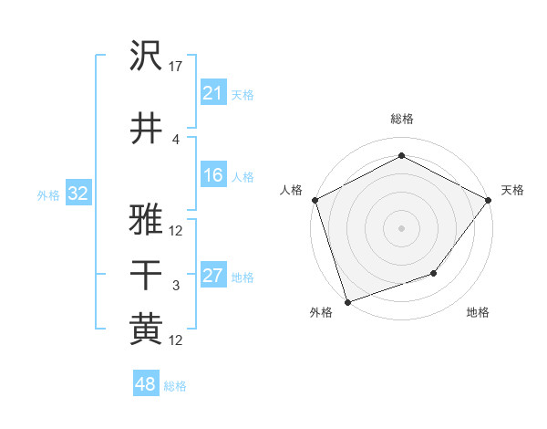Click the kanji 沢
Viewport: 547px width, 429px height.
tap(146, 57)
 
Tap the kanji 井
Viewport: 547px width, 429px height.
tap(146, 127)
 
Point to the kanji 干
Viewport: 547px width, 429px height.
tap(146, 273)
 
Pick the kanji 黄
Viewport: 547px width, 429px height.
tap(146, 329)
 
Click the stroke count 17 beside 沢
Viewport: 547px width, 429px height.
tap(177, 66)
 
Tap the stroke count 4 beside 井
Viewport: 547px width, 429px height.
tap(176, 139)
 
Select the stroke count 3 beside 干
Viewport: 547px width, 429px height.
tap(176, 286)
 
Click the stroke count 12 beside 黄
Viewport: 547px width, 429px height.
tap(177, 340)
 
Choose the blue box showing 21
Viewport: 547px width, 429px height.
tap(213, 93)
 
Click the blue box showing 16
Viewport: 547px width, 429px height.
tap(213, 175)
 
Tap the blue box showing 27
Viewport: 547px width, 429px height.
tap(213, 276)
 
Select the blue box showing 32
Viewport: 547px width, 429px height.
tap(77, 194)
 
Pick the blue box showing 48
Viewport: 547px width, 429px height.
tap(145, 385)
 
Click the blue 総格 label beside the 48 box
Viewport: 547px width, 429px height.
tap(175, 386)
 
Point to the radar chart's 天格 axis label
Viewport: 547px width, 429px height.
tap(512, 190)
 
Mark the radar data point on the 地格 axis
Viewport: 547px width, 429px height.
tap(434, 273)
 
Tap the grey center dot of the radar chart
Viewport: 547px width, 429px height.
tap(401, 227)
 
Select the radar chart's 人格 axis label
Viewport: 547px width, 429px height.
tap(292, 190)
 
